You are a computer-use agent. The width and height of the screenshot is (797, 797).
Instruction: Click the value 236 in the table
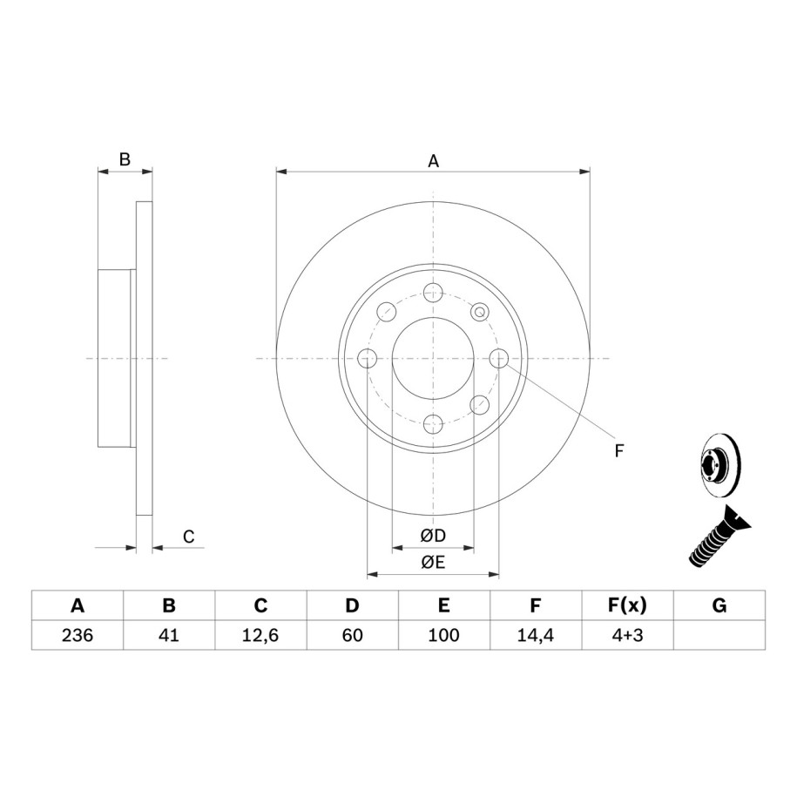[x=78, y=635]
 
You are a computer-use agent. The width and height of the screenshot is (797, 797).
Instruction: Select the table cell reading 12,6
[x=260, y=635]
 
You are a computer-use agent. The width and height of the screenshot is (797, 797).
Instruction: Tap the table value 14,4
[x=535, y=635]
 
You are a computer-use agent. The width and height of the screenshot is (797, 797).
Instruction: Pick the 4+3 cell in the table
[x=627, y=635]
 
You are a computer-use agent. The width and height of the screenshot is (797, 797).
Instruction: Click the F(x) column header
[x=627, y=605]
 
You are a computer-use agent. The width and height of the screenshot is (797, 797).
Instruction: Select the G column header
[x=719, y=605]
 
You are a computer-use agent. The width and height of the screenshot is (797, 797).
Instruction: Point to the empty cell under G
[x=719, y=635]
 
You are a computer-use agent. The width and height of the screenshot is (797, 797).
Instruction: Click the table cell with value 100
[x=443, y=635]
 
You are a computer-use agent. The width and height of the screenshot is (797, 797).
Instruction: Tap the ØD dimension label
[x=433, y=535]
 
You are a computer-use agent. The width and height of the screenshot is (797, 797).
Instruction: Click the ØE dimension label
[x=433, y=562]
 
